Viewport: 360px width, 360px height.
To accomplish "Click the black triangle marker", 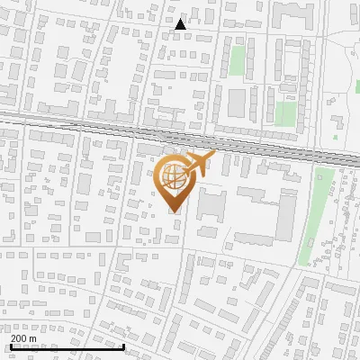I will pos(181,24).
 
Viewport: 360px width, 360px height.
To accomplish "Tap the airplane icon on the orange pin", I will pos(199,164).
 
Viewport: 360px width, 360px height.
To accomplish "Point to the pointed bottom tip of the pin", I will pos(174,212).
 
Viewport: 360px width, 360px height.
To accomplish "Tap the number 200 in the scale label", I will pos(19,338).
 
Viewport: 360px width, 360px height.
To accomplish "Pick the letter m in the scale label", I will pos(33,338).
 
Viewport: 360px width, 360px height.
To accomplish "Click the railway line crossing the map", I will pos(90,125).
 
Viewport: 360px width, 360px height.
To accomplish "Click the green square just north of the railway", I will pos(285,113).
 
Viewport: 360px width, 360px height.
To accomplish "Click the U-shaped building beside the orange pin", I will pos(211,202).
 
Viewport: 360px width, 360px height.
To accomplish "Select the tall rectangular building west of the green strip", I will pos(285,207).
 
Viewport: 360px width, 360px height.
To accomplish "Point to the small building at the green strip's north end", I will pos(323,175).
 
